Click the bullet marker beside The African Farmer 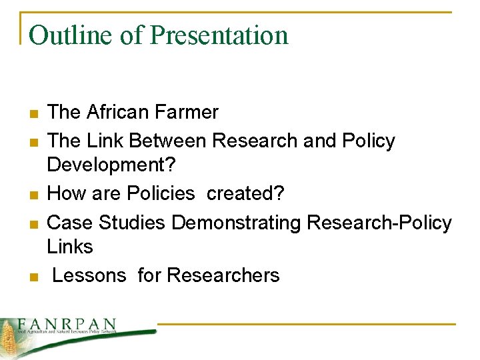33,113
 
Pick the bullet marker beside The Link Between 33,142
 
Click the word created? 245,193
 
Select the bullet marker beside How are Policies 33,195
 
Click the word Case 68,222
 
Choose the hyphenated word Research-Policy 379,222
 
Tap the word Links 70,246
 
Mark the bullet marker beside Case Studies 33,223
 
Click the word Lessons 89,275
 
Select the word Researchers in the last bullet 223,275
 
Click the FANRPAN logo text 67,323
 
